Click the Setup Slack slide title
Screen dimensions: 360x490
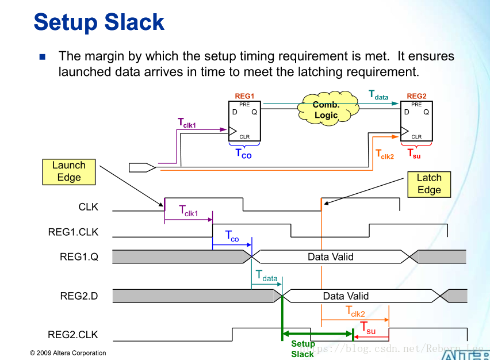(x=99, y=22)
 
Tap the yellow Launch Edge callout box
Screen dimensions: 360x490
(x=68, y=171)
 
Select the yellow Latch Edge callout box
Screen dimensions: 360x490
(x=429, y=184)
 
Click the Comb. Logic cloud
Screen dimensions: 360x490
(x=327, y=110)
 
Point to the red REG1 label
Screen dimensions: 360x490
(x=244, y=96)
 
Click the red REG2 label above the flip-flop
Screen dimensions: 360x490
(x=416, y=96)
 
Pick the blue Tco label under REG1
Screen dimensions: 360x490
(x=243, y=154)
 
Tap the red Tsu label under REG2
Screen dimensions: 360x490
(x=414, y=153)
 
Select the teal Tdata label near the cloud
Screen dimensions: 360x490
(x=378, y=94)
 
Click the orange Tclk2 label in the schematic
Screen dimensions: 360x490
(x=385, y=154)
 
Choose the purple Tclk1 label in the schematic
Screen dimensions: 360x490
(x=187, y=122)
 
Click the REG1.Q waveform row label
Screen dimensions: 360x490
(x=79, y=257)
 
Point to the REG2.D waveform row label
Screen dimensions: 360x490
(x=79, y=296)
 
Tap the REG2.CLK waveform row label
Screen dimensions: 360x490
(x=73, y=334)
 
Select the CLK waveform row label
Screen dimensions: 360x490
(x=89, y=206)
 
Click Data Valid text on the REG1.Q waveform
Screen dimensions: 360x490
(x=330, y=257)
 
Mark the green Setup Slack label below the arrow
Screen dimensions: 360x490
(x=303, y=349)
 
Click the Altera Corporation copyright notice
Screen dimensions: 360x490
(x=68, y=353)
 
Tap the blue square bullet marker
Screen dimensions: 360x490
(x=42, y=57)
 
